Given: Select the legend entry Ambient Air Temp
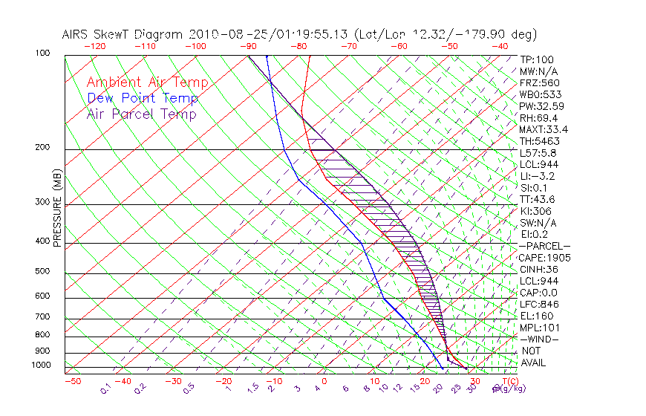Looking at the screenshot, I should [x=147, y=82].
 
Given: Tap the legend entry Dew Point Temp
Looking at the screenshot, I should [x=142, y=98].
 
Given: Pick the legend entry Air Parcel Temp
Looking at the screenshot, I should [x=141, y=114].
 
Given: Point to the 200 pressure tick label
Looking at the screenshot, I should [x=42, y=148].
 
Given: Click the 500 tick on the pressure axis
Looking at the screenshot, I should [x=42, y=272].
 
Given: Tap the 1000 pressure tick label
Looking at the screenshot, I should [x=40, y=365].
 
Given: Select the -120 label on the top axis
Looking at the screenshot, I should [x=95, y=46].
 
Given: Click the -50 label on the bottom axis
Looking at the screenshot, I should [x=72, y=381].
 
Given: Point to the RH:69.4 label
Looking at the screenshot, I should [x=538, y=117].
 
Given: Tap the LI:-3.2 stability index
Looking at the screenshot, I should [x=537, y=176].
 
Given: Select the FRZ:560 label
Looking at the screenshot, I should [x=540, y=82].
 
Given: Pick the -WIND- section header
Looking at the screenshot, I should [x=540, y=339].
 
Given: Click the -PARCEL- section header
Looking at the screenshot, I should [x=544, y=246].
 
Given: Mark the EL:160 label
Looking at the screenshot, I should [x=536, y=316].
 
